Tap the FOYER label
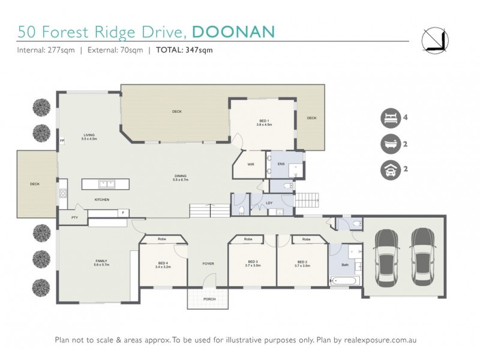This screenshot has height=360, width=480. (x=208, y=263)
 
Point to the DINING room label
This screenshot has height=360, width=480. (x=181, y=176)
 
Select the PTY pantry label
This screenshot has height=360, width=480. (x=75, y=217)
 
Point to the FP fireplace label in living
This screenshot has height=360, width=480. (x=62, y=141)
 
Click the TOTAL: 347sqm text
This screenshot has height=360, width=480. (x=184, y=50)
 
